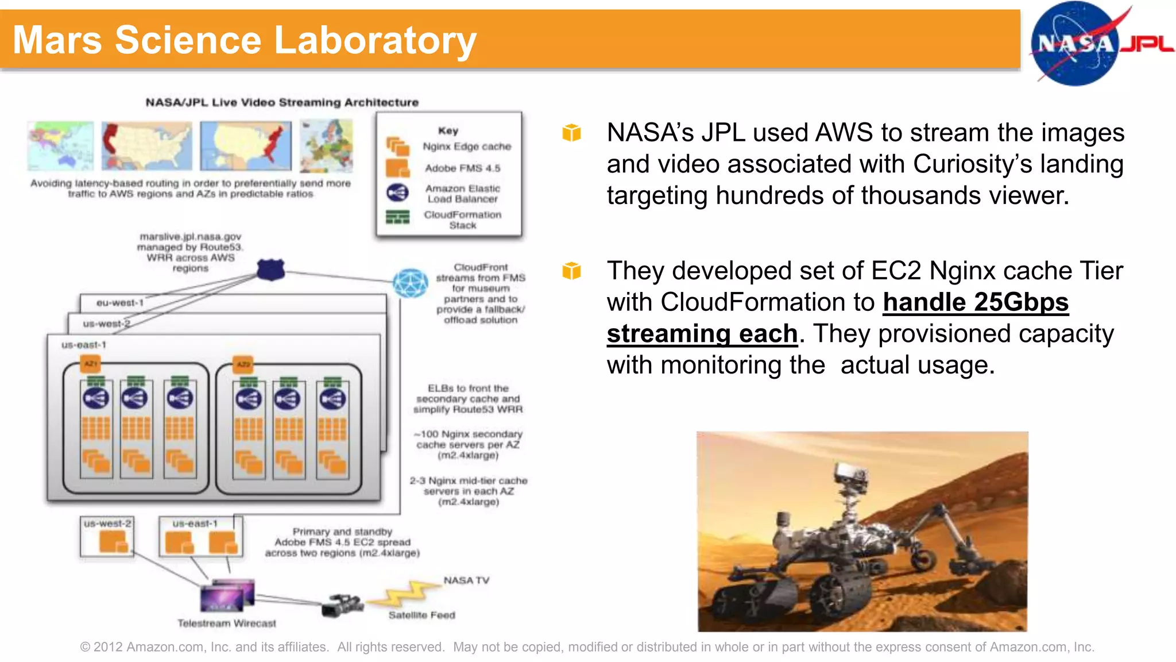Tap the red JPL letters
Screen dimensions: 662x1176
tap(1147, 44)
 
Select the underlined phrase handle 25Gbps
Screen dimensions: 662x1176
tap(975, 302)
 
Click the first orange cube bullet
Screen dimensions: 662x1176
tap(571, 133)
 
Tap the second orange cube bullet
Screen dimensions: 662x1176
tap(571, 271)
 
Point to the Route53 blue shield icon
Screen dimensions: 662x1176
tap(270, 269)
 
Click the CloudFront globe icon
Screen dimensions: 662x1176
tap(410, 283)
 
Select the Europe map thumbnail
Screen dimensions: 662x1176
tap(326, 145)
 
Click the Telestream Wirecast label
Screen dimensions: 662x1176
tap(226, 623)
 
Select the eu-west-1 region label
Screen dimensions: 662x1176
tap(119, 302)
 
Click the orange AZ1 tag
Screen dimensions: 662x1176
tap(91, 364)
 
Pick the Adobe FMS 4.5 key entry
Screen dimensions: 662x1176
tap(462, 168)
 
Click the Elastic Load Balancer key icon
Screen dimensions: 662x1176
tap(397, 193)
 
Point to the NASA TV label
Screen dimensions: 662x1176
tap(466, 580)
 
